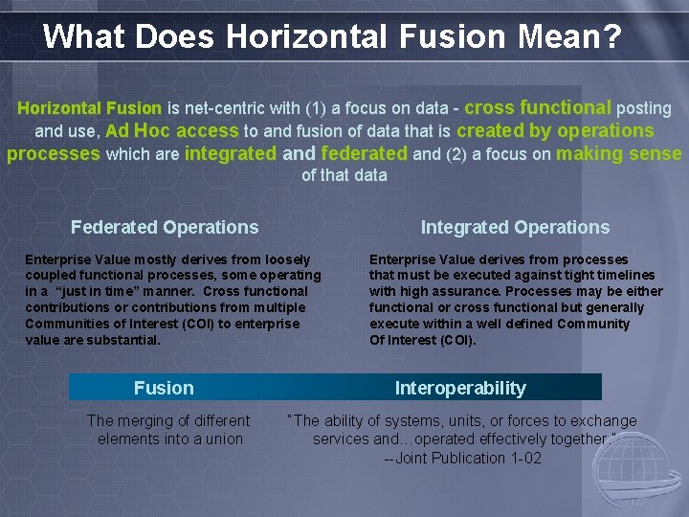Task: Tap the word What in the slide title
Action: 84,36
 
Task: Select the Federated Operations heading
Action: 165,227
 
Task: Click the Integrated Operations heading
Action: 515,227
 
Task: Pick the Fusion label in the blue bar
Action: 164,388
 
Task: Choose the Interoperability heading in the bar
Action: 460,388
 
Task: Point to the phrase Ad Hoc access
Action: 172,131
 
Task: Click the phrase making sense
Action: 618,153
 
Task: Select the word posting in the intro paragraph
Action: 643,109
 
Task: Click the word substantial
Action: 124,340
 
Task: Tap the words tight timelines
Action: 609,276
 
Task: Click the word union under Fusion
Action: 223,439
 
